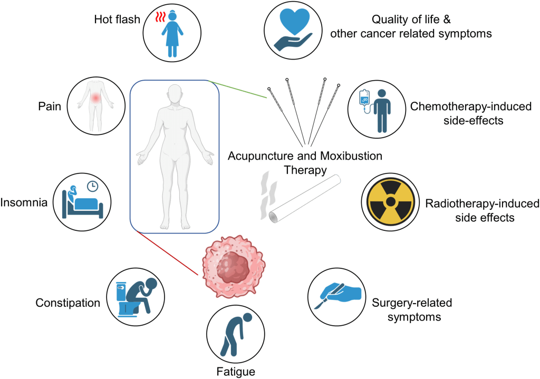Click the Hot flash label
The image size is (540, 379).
tap(117, 20)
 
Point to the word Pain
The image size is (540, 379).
tap(50, 107)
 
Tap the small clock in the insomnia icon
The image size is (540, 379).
tap(92, 186)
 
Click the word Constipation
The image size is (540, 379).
tap(67, 303)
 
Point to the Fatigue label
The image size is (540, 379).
tap(236, 372)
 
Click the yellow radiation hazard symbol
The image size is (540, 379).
tap(390, 202)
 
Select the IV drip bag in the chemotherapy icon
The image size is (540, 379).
tap(364, 98)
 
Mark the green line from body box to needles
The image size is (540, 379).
tap(240, 90)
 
